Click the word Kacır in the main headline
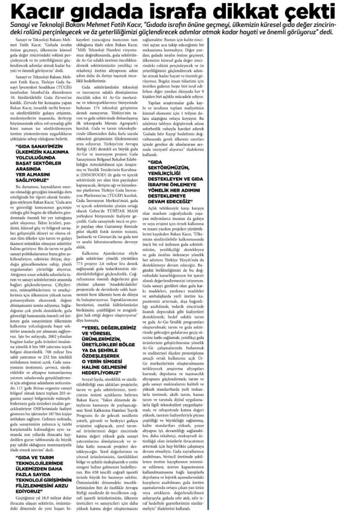[43, 13]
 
